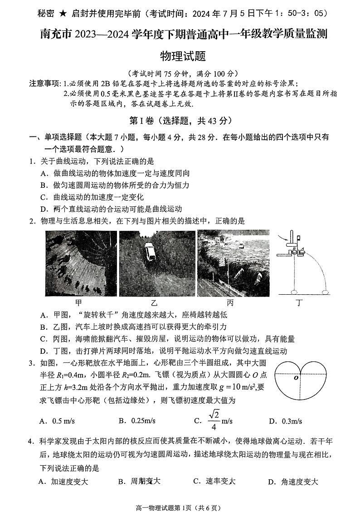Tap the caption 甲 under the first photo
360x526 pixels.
coord(78,303)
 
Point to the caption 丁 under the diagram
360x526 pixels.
coord(298,303)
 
